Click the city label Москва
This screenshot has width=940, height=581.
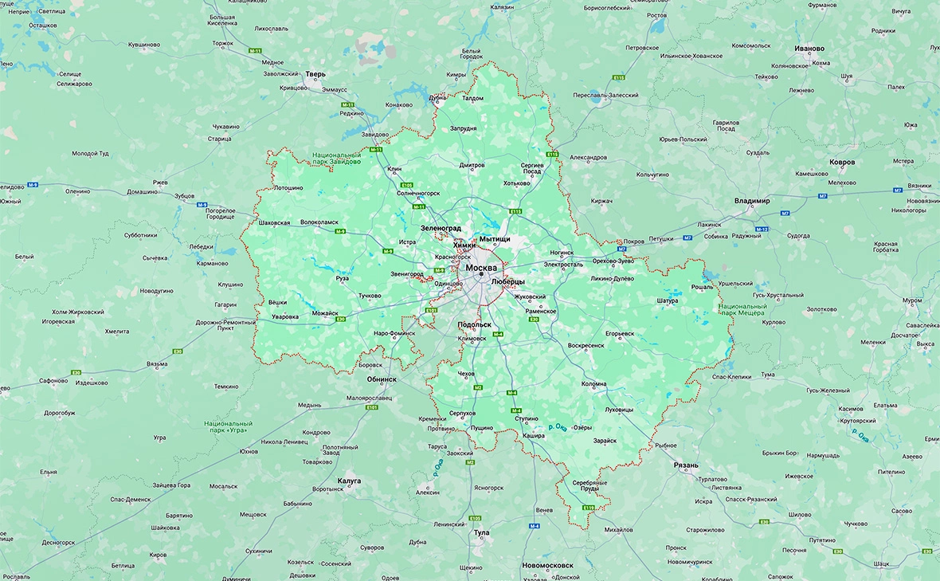481,268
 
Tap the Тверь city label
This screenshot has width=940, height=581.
310,74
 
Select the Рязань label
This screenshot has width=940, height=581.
685,465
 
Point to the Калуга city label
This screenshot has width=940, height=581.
349,481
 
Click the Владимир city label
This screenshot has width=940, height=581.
752,201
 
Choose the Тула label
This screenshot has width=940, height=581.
481,532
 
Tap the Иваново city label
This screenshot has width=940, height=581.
809,49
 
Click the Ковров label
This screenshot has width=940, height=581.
842,162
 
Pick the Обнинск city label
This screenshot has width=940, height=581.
382,379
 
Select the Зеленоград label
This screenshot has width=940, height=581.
441,228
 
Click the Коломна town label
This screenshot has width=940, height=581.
593,383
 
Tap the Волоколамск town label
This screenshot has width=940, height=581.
319,222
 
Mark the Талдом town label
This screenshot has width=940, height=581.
472,98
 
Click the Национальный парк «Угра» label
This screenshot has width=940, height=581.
228,427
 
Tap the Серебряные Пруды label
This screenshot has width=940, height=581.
590,485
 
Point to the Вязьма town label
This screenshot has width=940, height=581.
157,363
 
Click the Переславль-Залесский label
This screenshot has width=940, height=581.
605,95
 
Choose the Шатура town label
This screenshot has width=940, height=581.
667,300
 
